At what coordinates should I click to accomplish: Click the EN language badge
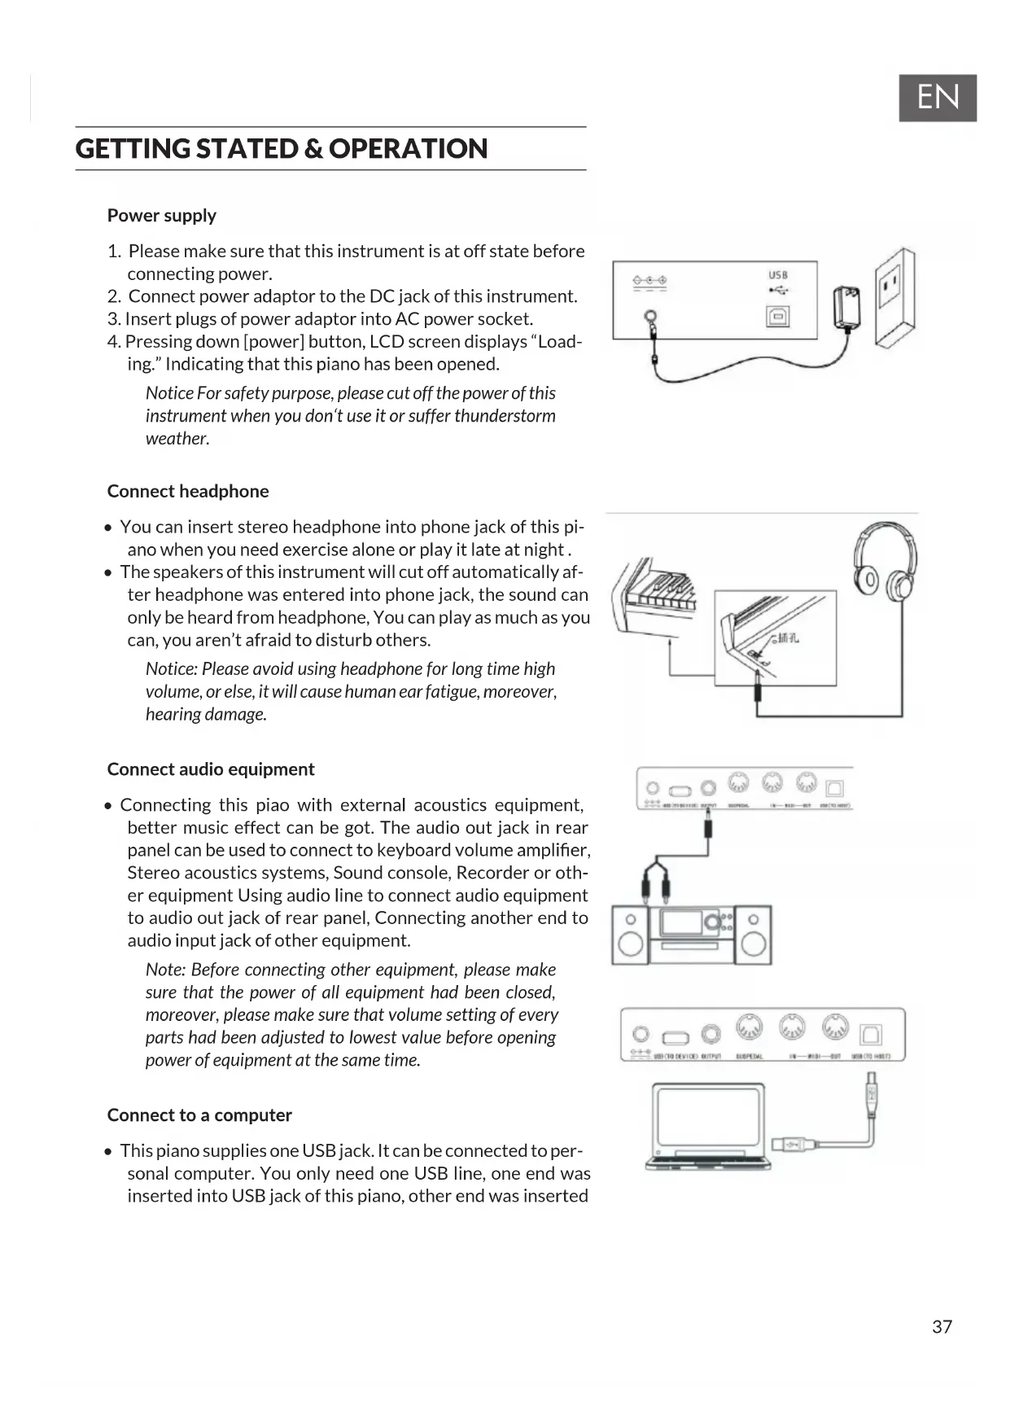tap(937, 98)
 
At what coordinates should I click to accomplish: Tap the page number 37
tap(942, 1326)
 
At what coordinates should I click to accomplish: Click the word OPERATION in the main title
tap(408, 148)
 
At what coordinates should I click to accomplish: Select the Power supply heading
tap(161, 216)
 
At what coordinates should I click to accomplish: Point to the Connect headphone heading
tap(187, 491)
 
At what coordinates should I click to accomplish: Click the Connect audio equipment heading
tap(210, 769)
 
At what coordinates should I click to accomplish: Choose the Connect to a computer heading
tap(199, 1115)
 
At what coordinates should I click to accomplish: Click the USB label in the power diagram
tap(778, 275)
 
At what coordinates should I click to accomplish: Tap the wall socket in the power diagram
tap(894, 297)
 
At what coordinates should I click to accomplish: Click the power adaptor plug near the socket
tap(846, 308)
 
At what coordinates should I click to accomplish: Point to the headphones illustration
tap(883, 561)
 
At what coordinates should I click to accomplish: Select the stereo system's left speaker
tap(631, 935)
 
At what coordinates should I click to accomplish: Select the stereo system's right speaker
tap(754, 935)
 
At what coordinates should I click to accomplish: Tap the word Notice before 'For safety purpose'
tap(169, 393)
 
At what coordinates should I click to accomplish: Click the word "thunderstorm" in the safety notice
tap(505, 416)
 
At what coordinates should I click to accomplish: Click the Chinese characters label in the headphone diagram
tap(788, 637)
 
